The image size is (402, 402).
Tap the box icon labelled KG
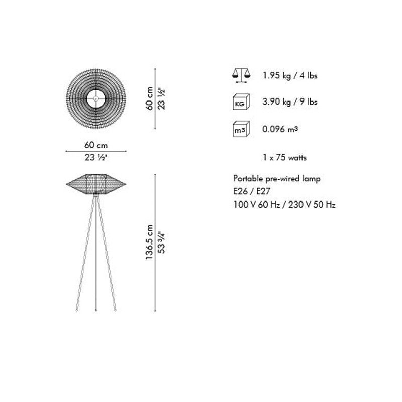coord(241,102)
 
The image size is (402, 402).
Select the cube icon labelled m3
coord(241,129)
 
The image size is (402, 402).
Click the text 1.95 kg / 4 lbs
coord(290,76)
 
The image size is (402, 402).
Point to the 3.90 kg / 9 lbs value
coord(290,102)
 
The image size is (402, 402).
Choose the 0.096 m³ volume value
coord(280,129)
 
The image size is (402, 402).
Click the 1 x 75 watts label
coord(284,157)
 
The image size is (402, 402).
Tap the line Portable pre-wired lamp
coord(277,179)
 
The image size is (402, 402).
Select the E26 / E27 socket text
coord(252,191)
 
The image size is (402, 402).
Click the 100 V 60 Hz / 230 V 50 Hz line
coord(284,205)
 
